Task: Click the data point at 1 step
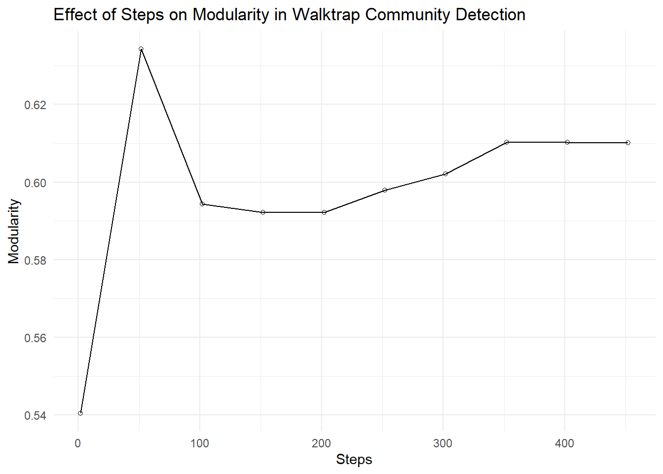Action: coord(80,413)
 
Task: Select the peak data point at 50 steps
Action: coord(141,49)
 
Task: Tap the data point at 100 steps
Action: coord(202,204)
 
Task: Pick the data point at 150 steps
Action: coord(263,212)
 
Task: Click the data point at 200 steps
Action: coord(324,212)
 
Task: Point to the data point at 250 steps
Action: coord(385,190)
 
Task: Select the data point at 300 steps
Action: coord(445,174)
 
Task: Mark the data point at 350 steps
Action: coord(507,142)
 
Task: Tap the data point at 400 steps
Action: coord(567,142)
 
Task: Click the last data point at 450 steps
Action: coord(628,143)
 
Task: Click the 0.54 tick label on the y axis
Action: coord(36,416)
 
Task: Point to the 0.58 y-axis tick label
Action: coord(36,260)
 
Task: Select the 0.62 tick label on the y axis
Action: coord(36,105)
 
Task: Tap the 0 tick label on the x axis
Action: coord(78,443)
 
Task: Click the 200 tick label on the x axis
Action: coord(321,443)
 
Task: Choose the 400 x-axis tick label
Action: coord(564,443)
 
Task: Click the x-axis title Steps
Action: coord(354,460)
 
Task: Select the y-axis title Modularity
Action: coord(14,232)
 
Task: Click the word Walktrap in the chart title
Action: coord(326,15)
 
